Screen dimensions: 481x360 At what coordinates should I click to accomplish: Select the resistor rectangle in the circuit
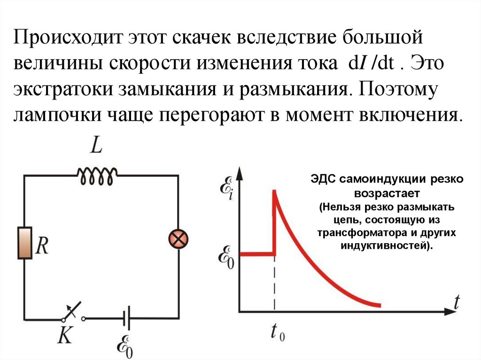coord(24,243)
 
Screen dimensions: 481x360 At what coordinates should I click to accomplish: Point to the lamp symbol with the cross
coord(178,240)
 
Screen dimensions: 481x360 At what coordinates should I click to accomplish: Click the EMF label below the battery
coord(124,345)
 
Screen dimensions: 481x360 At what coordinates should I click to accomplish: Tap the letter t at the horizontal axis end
coord(456,303)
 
